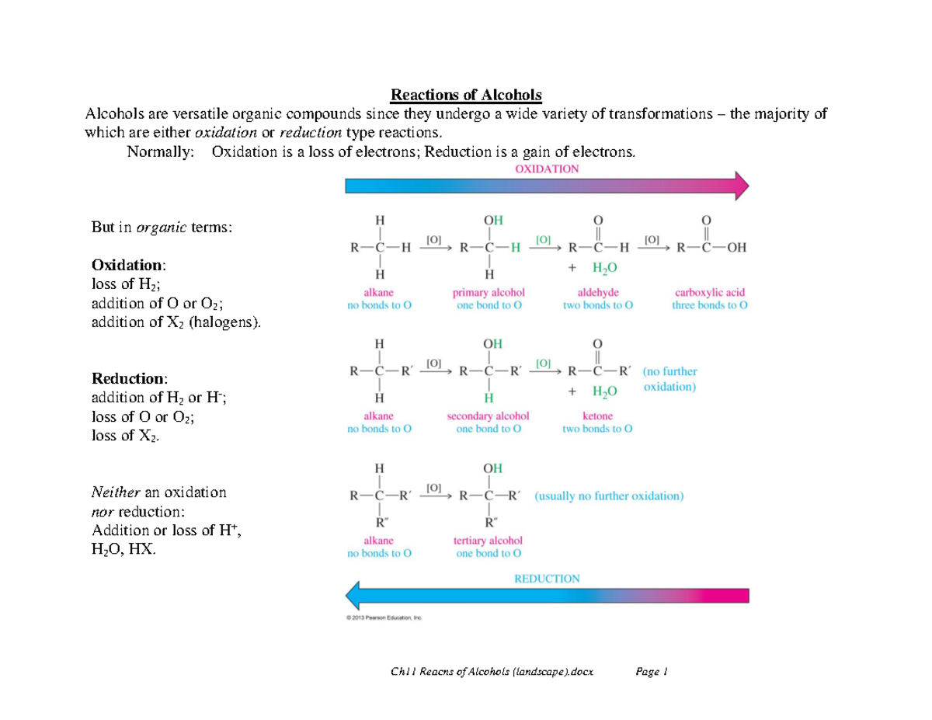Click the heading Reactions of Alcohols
[465, 95]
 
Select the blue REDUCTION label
[548, 578]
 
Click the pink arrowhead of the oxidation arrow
[741, 186]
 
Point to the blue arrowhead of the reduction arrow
[353, 597]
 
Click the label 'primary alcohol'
[489, 293]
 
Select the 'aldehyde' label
[597, 293]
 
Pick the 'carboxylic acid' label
[710, 293]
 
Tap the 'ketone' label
[597, 416]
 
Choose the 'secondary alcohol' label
[489, 416]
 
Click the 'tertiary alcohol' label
[489, 541]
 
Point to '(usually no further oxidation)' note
[609, 496]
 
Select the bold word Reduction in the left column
[128, 379]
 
